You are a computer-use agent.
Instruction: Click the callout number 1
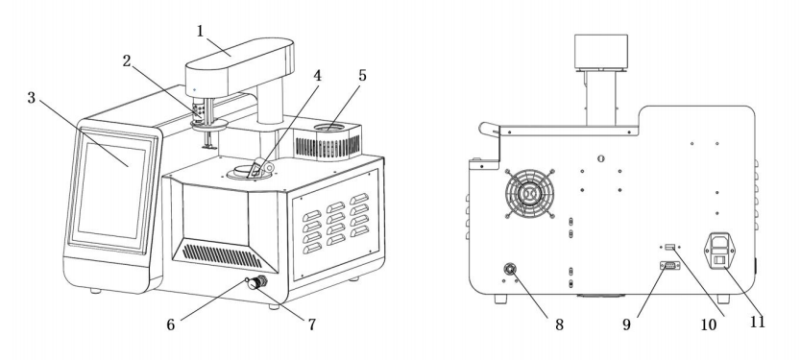200,31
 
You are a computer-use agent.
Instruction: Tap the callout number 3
32,98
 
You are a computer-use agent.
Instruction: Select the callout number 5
362,75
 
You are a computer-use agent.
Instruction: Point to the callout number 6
171,324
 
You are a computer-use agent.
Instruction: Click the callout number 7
311,324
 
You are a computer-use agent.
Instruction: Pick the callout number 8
559,324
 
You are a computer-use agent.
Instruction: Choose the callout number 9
627,324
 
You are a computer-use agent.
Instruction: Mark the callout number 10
709,324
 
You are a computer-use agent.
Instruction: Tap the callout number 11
758,322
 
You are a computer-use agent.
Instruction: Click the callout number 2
127,60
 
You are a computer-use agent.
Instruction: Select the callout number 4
318,76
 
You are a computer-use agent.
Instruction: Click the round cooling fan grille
530,194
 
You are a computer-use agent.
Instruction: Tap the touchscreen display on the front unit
111,190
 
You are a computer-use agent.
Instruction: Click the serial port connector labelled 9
669,266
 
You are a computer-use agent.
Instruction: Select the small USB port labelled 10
670,248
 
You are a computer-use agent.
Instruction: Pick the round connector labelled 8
510,269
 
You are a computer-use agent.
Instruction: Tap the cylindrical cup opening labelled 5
329,128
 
